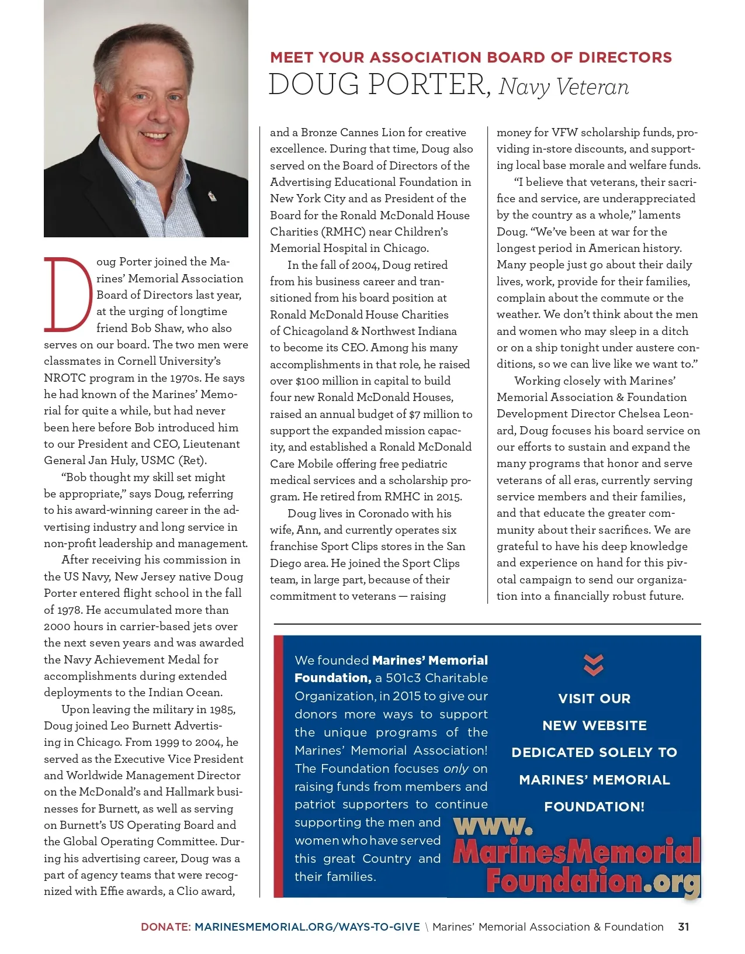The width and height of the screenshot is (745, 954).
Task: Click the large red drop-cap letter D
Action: pos(68,293)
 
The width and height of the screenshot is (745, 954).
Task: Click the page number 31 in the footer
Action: pos(683,927)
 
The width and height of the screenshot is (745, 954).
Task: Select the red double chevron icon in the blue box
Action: pos(594,665)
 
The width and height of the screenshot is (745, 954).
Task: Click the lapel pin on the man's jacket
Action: pos(212,195)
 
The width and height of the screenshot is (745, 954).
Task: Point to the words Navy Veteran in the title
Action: pos(564,87)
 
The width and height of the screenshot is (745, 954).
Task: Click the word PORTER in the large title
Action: pos(429,84)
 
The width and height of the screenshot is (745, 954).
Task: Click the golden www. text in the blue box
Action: pos(493,825)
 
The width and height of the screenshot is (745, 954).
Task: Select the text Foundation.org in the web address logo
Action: pos(592,880)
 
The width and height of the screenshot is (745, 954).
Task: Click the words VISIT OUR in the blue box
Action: pos(594,699)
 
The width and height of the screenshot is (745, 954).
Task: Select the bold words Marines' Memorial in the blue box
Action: pos(429,661)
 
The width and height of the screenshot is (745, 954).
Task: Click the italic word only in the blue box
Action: pos(456,768)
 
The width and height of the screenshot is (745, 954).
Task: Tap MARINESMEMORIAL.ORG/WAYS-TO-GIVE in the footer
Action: pos(307,927)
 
